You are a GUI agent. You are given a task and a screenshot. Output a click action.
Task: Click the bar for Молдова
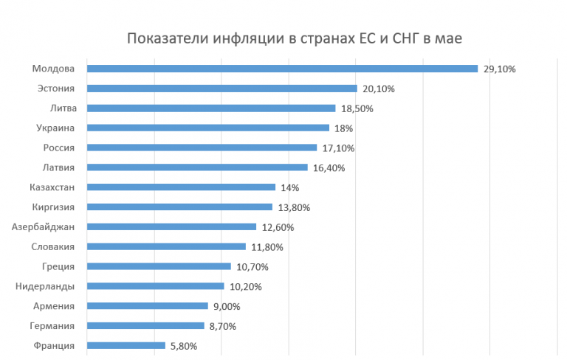pos(282,69)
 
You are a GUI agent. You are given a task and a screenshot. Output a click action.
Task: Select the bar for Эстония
pos(221,89)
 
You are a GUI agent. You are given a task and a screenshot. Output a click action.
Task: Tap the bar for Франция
pos(126,345)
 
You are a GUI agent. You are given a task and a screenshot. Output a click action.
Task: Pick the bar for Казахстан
pos(181,187)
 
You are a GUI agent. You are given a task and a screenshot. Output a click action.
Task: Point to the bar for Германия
pos(145,325)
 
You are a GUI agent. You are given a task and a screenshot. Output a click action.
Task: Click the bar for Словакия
pos(166,246)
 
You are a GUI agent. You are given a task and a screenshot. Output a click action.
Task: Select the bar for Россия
pos(202,148)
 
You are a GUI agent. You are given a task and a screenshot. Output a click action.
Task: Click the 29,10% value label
pos(499,69)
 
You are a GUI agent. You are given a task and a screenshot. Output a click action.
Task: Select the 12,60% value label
pos(277,227)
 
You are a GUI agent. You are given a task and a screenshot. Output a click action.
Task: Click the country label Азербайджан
pos(44,226)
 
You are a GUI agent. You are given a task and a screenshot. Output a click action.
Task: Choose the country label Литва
pos(61,108)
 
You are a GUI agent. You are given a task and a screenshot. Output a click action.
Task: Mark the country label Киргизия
pos(54,207)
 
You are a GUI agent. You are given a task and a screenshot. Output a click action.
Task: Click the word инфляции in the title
pos(240,38)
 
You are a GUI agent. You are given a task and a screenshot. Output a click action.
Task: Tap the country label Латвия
pos(59,167)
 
